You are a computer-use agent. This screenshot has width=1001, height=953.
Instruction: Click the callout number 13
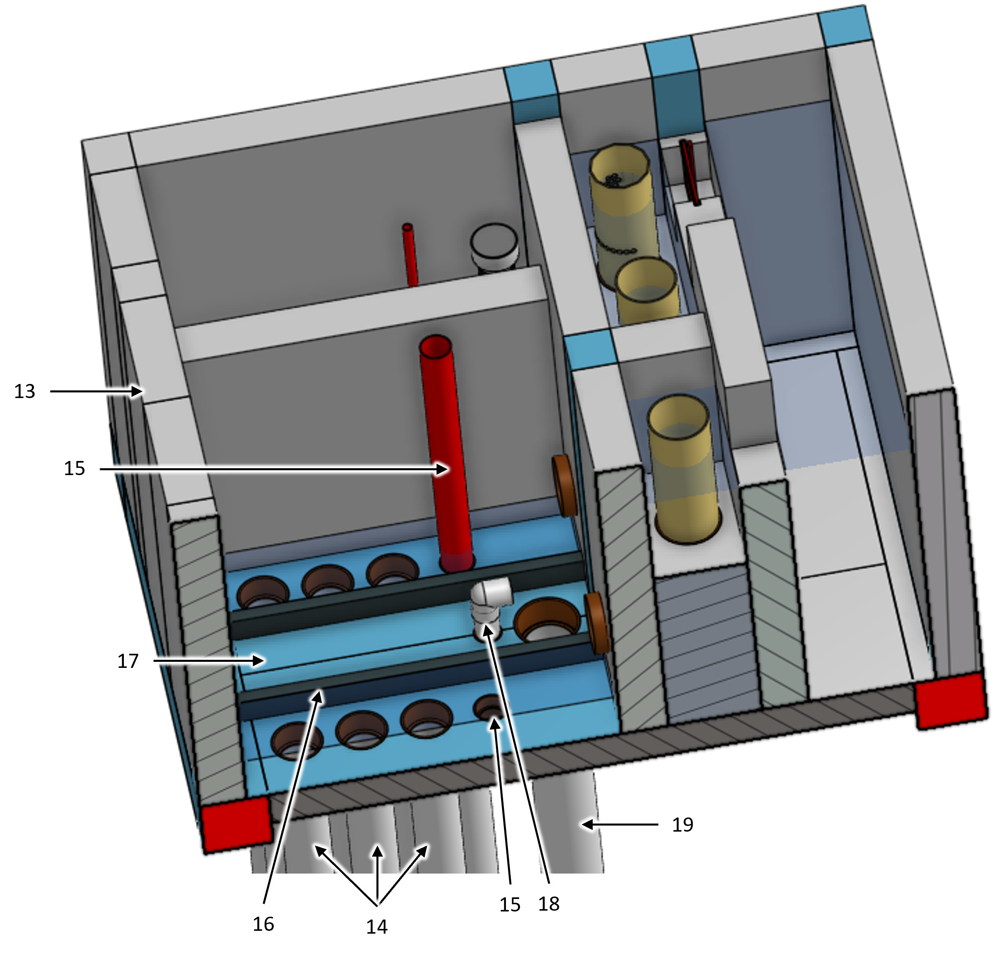tap(24, 392)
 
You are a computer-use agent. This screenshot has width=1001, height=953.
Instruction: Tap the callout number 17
tap(128, 661)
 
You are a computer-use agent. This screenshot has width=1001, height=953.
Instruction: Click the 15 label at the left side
tap(74, 468)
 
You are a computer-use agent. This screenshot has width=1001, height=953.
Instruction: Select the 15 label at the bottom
tap(510, 905)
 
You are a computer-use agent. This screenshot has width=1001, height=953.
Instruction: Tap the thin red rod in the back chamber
tap(410, 254)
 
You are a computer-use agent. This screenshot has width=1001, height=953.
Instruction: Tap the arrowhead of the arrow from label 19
tap(588, 824)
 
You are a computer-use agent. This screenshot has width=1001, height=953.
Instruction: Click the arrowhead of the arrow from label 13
tap(137, 391)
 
